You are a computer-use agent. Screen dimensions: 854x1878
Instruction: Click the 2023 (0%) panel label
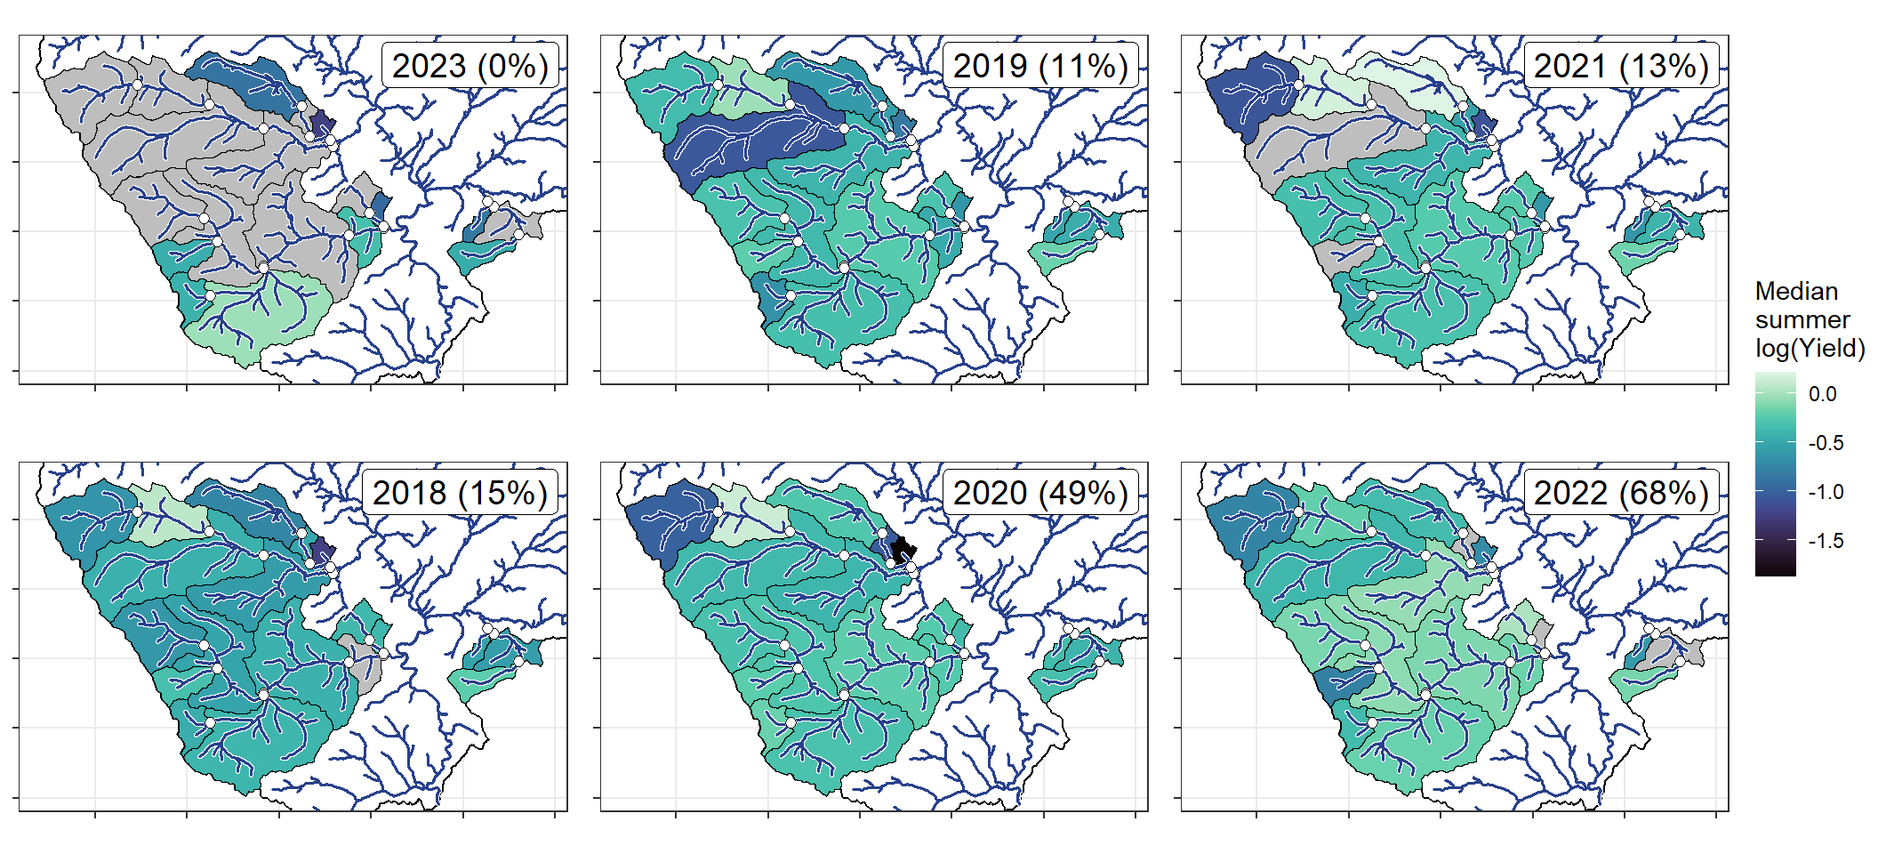pyautogui.click(x=469, y=66)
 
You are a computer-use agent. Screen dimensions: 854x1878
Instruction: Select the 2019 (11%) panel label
pyautogui.click(x=1040, y=66)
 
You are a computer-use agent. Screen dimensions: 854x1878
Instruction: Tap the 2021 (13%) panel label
pyautogui.click(x=1621, y=66)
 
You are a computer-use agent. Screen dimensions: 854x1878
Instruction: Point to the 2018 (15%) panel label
pyautogui.click(x=460, y=493)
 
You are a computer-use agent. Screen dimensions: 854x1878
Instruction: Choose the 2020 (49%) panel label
pyautogui.click(x=1040, y=493)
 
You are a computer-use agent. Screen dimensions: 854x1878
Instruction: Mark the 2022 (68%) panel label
pyautogui.click(x=1621, y=493)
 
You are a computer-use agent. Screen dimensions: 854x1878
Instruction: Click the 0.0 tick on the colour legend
pyautogui.click(x=1822, y=394)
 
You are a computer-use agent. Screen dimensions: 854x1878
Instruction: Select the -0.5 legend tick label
pyautogui.click(x=1826, y=443)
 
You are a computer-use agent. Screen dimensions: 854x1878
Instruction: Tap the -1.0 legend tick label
pyautogui.click(x=1826, y=492)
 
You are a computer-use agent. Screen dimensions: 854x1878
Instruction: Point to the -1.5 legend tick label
pyautogui.click(x=1826, y=541)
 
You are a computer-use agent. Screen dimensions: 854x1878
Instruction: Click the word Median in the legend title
pyautogui.click(x=1796, y=291)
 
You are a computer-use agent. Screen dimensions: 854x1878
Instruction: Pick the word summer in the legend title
pyautogui.click(x=1802, y=319)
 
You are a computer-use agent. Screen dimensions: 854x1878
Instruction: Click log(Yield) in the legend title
pyautogui.click(x=1810, y=348)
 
